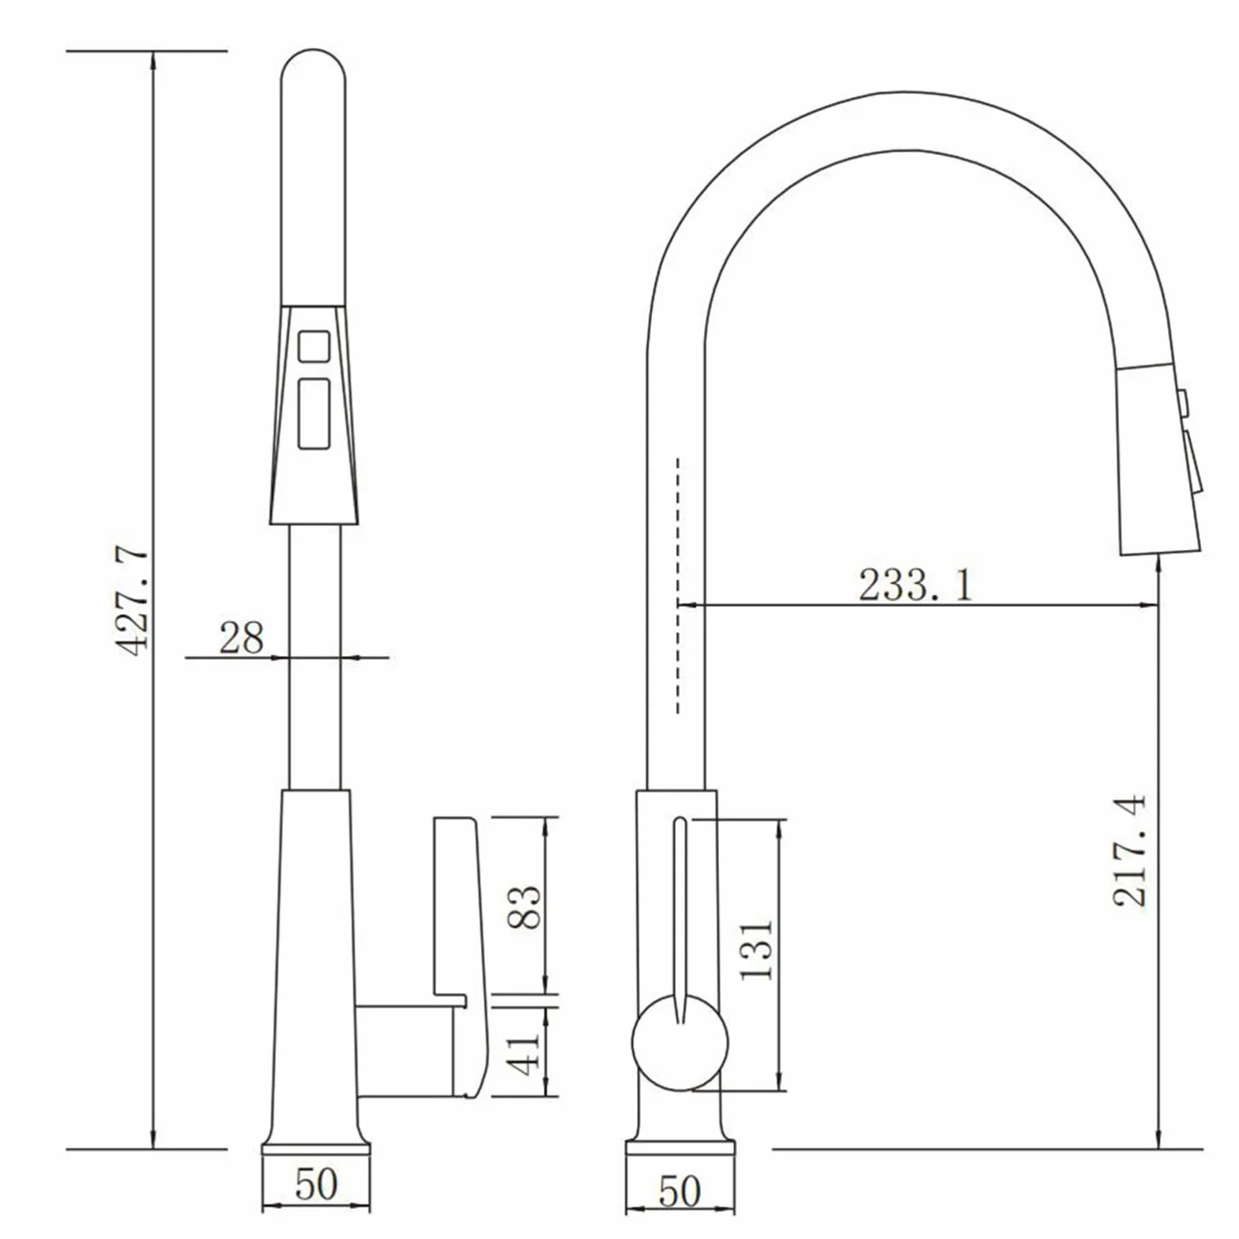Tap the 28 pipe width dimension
click(241, 638)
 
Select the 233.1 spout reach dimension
click(916, 585)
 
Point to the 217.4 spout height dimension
click(1129, 849)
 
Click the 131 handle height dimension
click(756, 950)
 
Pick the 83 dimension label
click(525, 906)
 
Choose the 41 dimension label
click(525, 1053)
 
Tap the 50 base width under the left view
click(316, 1184)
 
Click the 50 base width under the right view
click(680, 1192)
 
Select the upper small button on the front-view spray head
click(313, 346)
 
